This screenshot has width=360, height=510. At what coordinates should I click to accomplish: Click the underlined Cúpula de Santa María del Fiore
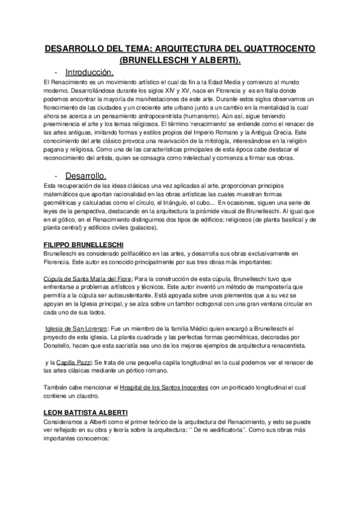(88, 279)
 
